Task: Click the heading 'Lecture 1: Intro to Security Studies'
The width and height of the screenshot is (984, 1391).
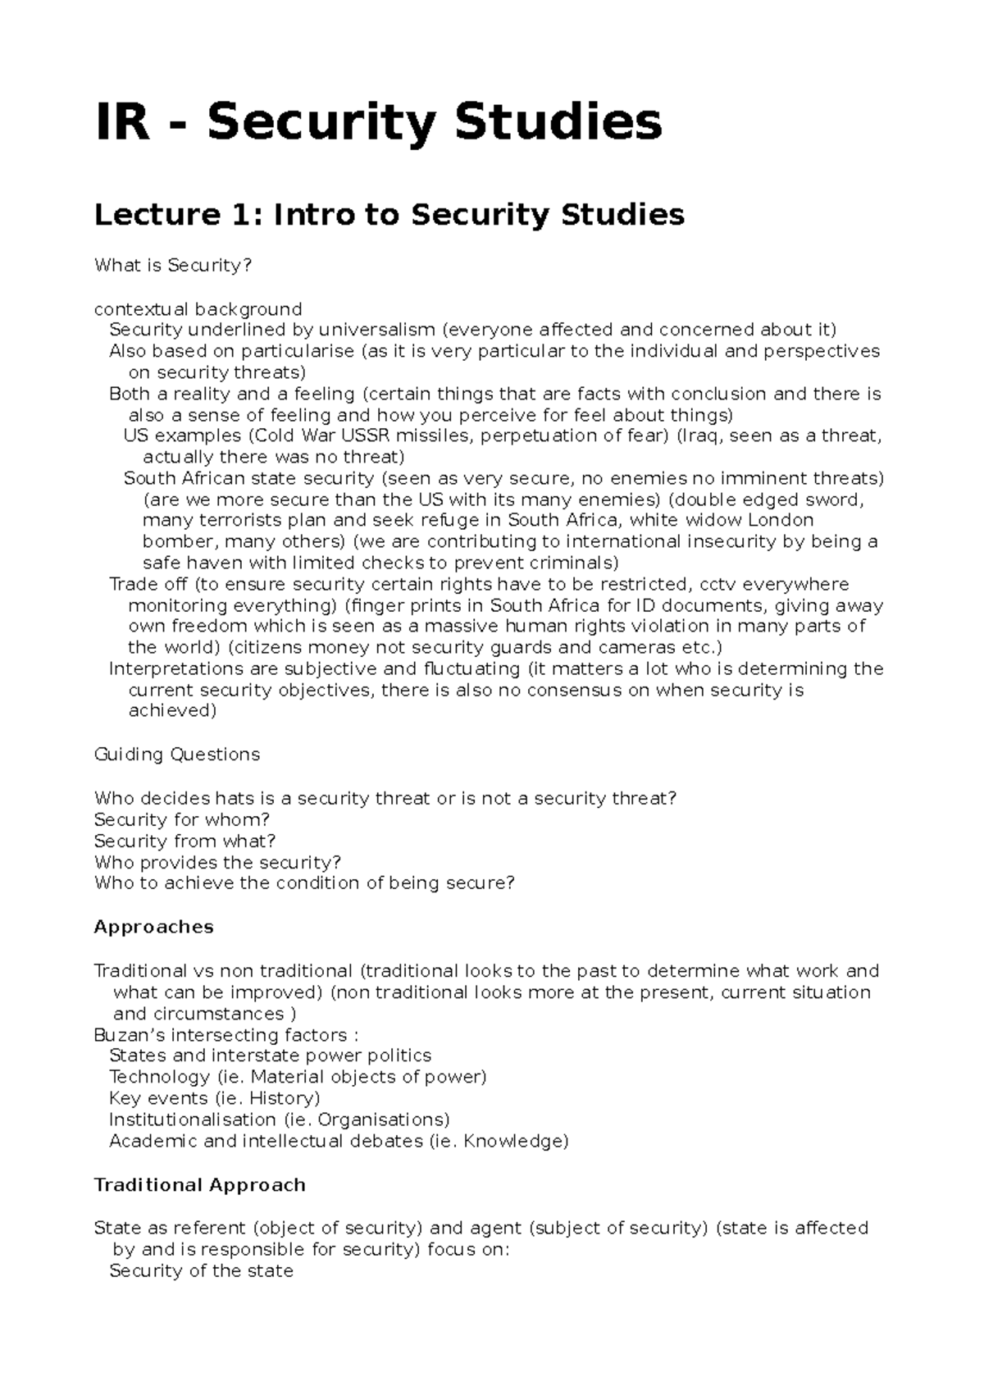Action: (389, 215)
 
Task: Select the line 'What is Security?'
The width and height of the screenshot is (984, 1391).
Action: (173, 266)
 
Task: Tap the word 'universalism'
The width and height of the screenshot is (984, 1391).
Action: (377, 330)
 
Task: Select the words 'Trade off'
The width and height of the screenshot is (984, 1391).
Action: (148, 584)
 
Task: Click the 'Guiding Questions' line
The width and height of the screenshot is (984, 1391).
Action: (177, 755)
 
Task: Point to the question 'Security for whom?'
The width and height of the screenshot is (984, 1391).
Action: (182, 819)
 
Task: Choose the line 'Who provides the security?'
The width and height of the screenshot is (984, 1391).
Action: (217, 862)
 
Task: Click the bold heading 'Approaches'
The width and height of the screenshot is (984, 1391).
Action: (154, 927)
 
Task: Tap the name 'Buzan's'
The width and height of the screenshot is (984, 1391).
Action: (132, 1034)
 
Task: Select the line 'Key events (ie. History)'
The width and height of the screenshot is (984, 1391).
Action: (214, 1098)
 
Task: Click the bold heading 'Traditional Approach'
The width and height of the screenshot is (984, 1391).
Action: (200, 1185)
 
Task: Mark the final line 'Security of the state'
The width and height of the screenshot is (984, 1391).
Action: (201, 1270)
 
